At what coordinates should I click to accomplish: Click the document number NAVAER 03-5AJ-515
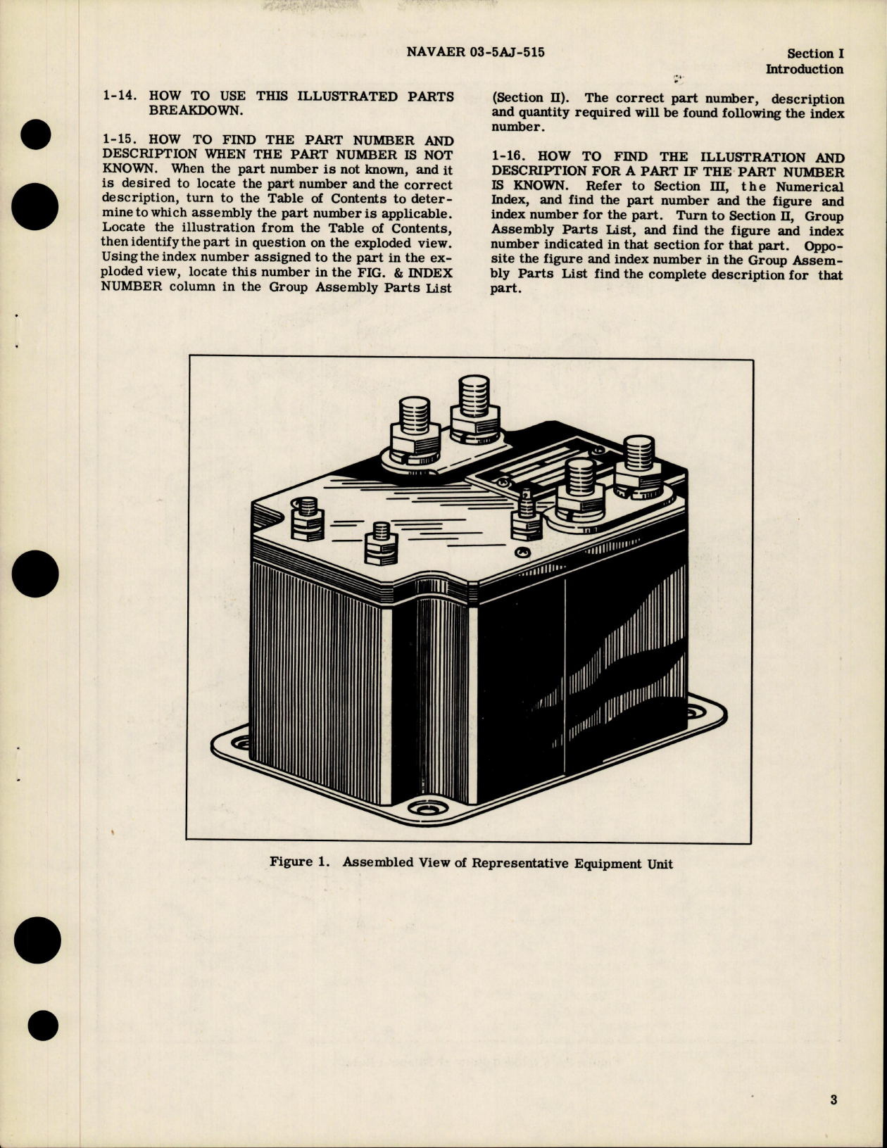coord(475,52)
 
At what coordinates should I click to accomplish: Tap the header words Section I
coord(815,53)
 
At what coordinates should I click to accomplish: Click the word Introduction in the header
coord(804,69)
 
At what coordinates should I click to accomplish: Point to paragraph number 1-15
coord(118,141)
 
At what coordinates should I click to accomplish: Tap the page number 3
coord(833,1099)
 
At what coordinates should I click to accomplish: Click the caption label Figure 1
coord(299,862)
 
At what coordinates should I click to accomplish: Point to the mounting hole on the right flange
coord(698,706)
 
